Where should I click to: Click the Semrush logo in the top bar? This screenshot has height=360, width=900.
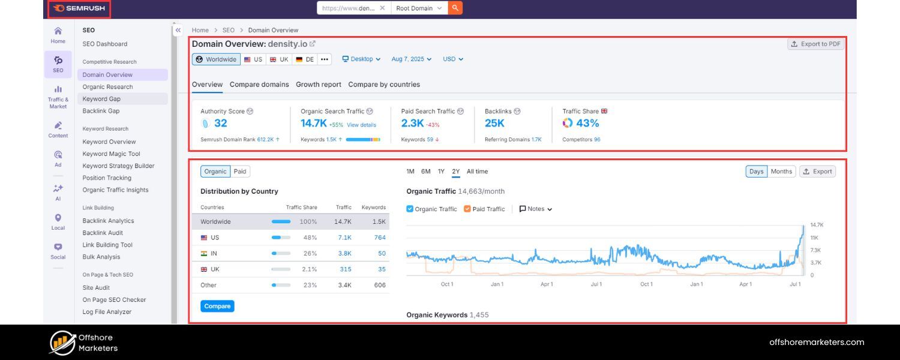tap(79, 8)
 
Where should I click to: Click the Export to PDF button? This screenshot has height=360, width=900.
tap(815, 44)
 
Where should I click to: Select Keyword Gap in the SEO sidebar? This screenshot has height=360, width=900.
tap(101, 99)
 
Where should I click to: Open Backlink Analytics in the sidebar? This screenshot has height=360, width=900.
tap(108, 221)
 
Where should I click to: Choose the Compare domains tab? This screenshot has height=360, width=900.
tap(259, 85)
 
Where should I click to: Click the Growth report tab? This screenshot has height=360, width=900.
tap(318, 85)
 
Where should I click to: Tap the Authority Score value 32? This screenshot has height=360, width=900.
tap(220, 123)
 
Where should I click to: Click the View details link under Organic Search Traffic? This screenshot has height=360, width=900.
tap(361, 125)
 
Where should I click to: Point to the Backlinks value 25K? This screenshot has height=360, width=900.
tap(494, 123)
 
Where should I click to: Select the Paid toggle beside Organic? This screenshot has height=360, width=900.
tap(240, 172)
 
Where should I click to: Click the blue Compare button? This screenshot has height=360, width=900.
tap(217, 306)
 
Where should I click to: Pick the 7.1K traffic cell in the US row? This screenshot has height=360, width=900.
tap(344, 238)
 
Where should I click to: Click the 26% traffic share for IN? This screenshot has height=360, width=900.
tap(310, 254)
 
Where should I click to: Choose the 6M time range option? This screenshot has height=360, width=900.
tap(425, 172)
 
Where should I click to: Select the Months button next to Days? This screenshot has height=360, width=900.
tap(781, 172)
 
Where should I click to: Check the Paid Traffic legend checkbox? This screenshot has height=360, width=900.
tap(467, 209)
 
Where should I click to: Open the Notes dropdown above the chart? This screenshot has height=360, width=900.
tap(535, 209)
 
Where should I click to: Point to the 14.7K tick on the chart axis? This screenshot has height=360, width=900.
tap(817, 225)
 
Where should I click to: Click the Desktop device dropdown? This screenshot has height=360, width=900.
tap(361, 59)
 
